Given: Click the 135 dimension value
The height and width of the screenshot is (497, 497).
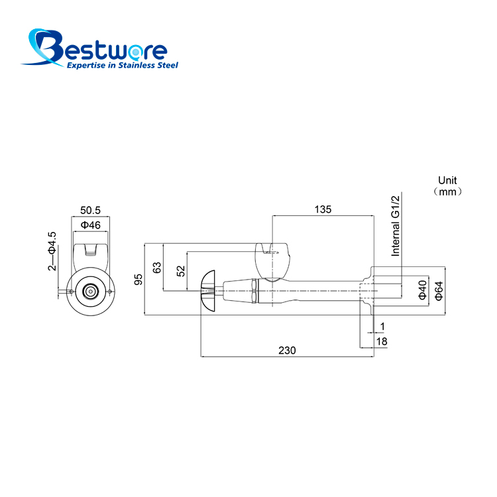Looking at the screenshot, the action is pos(323,209).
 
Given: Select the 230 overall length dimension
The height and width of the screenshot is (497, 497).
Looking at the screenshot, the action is pos(287,351).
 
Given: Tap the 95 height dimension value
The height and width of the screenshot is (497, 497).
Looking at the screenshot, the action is pos(138,280).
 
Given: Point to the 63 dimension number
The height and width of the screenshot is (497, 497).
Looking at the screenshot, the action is pos(157,268).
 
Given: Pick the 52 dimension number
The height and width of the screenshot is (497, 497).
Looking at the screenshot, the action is pos(180,271).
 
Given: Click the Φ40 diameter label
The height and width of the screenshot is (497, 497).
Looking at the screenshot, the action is pos(422,290).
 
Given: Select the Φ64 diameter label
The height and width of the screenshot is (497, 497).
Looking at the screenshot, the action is pos(439,291).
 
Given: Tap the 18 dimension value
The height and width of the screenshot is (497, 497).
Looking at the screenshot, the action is pos(382,341).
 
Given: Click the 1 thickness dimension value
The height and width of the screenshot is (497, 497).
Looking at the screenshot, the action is pos(382,326).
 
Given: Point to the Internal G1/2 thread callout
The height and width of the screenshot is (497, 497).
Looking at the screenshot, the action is pos(395,226).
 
